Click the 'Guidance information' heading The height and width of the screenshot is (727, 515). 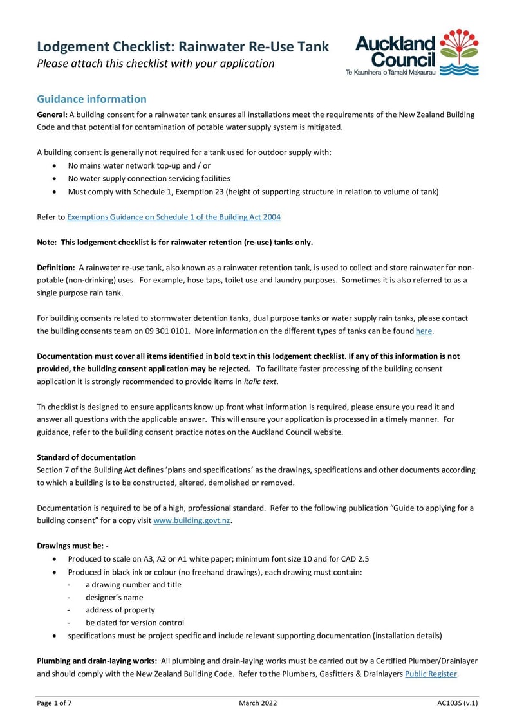click(x=91, y=99)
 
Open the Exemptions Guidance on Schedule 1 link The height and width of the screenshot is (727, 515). click(x=174, y=217)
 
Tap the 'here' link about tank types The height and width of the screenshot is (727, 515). click(x=424, y=331)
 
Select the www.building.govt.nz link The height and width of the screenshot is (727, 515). click(x=192, y=520)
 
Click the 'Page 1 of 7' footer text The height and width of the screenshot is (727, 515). click(x=54, y=704)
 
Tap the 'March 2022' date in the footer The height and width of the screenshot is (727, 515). click(x=257, y=704)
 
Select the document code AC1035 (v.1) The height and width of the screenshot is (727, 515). click(x=457, y=704)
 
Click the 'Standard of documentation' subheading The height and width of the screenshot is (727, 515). click(x=86, y=457)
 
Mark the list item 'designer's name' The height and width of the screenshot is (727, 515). click(x=115, y=597)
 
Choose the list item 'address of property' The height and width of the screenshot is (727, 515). click(x=120, y=610)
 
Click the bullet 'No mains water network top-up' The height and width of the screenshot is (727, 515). click(x=139, y=165)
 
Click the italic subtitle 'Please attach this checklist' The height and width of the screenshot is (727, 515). click(x=155, y=64)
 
